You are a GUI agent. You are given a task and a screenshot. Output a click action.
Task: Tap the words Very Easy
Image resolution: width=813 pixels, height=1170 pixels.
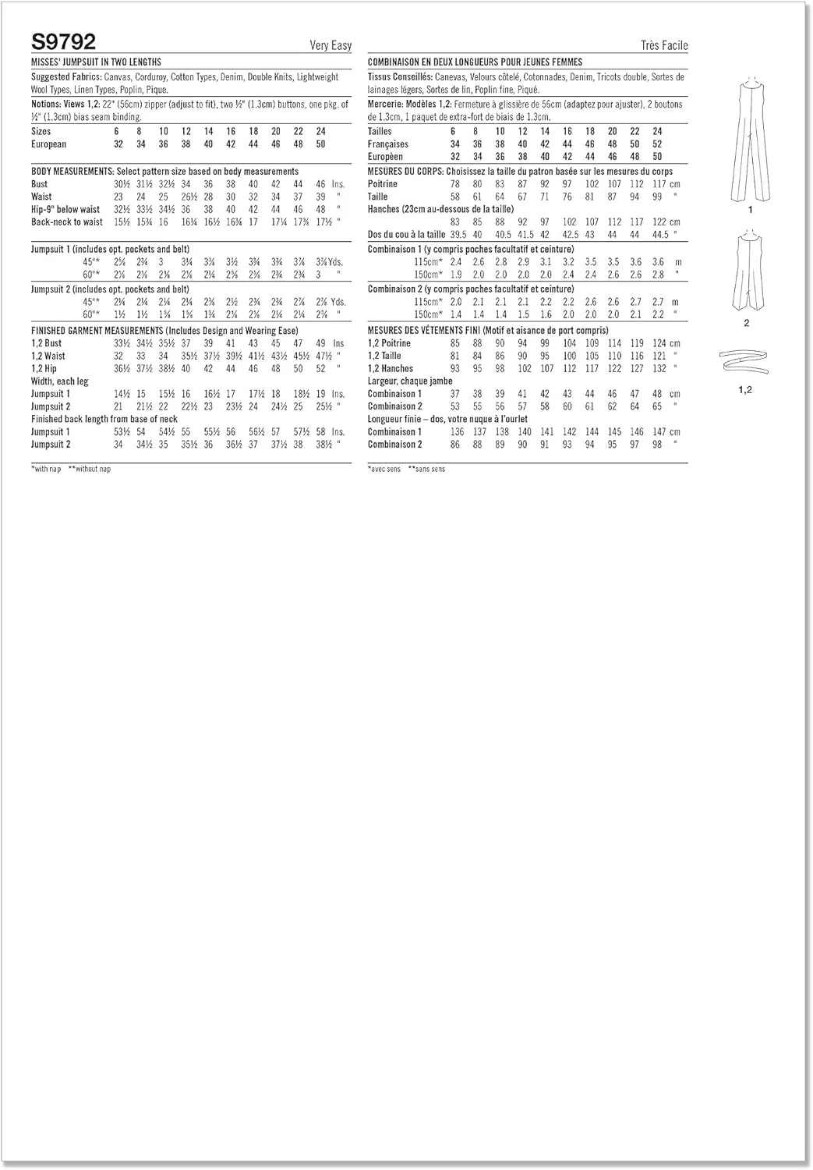coord(331,46)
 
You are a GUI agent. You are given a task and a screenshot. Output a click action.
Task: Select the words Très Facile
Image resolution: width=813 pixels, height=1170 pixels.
coord(664,46)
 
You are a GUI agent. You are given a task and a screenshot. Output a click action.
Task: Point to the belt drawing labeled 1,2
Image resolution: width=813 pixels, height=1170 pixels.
coord(745,362)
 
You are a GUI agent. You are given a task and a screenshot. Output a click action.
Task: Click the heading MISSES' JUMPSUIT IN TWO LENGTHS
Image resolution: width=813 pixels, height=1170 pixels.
coord(96,62)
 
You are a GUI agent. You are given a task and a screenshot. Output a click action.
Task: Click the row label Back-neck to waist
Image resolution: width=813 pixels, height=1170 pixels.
coord(67,222)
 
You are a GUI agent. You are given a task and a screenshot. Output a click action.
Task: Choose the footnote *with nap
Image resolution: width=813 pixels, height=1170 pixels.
coord(46,469)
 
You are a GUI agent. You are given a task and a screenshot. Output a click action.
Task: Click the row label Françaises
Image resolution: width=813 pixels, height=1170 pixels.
coord(388,144)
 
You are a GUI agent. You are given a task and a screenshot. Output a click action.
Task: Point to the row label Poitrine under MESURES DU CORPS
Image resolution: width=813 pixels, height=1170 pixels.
coord(383,184)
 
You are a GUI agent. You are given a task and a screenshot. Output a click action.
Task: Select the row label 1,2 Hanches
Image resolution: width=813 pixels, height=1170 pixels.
coord(391,369)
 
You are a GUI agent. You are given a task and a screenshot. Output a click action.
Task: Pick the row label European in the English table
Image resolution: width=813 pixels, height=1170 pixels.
coord(48,144)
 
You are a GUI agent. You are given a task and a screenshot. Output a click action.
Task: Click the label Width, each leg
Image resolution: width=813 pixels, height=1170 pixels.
coord(59,381)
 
